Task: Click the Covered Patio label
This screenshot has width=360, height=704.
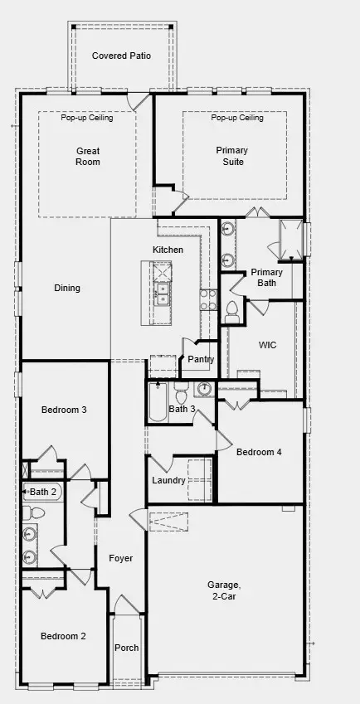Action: point(121,56)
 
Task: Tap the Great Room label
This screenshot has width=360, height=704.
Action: point(88,156)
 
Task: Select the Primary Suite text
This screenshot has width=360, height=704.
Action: point(231,156)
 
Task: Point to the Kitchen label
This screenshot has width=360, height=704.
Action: point(168,250)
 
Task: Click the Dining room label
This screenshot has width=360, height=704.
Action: point(67,289)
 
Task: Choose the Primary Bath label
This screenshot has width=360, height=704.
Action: point(266,277)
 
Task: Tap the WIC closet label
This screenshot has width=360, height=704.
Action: point(267,343)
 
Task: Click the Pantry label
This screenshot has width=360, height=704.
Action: point(201,360)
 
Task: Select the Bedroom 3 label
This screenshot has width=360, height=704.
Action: point(64,410)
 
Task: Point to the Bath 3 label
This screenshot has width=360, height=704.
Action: point(182,409)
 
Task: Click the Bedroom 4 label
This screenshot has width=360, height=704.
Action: point(259,452)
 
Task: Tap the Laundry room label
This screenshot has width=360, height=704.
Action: point(168,481)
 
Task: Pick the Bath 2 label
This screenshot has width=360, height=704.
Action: point(43,492)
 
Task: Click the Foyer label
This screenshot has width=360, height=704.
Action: point(121,558)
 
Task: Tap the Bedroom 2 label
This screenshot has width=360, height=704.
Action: point(64,636)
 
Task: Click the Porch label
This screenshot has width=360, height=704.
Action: point(127,648)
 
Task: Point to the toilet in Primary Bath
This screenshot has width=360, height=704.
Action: point(232,310)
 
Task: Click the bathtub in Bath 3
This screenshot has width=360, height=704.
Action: point(158,404)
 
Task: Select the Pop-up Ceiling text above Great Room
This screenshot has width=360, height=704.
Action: point(86,118)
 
